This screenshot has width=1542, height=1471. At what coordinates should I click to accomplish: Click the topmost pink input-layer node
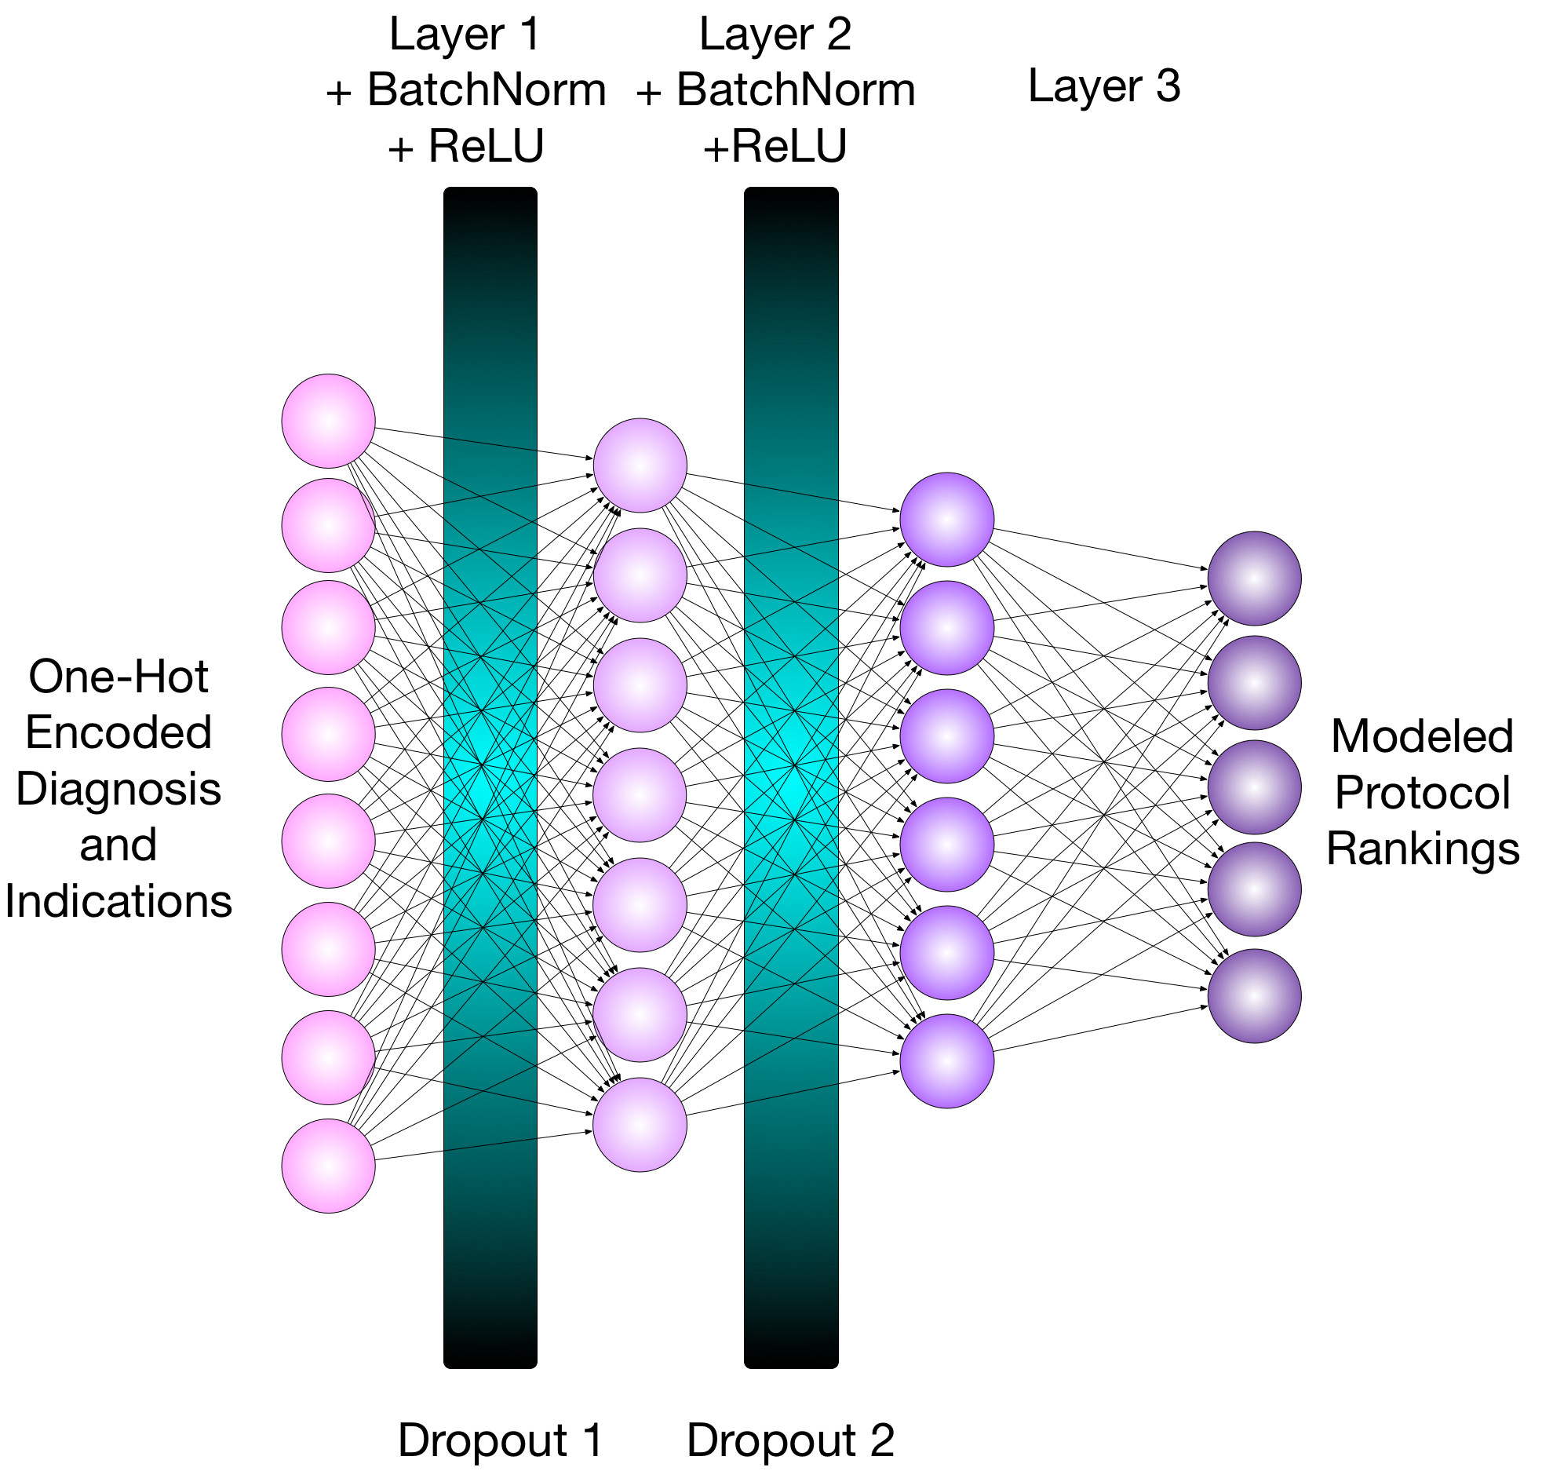point(328,421)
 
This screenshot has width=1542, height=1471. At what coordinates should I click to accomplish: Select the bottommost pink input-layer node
point(328,1166)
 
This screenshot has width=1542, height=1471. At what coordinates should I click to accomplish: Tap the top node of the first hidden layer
point(640,465)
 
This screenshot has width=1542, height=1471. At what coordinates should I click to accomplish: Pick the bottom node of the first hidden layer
point(640,1124)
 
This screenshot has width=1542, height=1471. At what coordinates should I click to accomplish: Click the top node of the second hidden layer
point(946,519)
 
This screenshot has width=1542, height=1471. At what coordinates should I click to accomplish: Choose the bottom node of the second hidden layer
point(946,1060)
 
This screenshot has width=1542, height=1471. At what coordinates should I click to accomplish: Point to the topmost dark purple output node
point(1254,579)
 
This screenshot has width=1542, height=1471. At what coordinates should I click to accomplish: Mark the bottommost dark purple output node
point(1254,995)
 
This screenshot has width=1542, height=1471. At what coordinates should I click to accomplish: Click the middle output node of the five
point(1254,787)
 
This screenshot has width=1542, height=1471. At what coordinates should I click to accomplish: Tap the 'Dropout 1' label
point(500,1440)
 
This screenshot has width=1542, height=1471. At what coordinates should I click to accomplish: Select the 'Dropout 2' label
point(790,1440)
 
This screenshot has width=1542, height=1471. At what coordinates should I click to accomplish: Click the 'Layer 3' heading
point(1103,86)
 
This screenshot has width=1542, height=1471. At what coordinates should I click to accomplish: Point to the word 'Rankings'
point(1422,849)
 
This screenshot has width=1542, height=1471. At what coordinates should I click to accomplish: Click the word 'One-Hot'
point(118,676)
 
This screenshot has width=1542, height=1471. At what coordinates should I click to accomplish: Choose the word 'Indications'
point(118,900)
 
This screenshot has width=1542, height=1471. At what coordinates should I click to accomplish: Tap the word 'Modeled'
point(1422,736)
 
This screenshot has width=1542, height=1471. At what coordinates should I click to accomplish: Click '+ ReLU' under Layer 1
point(465,146)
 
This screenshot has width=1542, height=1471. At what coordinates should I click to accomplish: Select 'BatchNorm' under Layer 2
point(795,89)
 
